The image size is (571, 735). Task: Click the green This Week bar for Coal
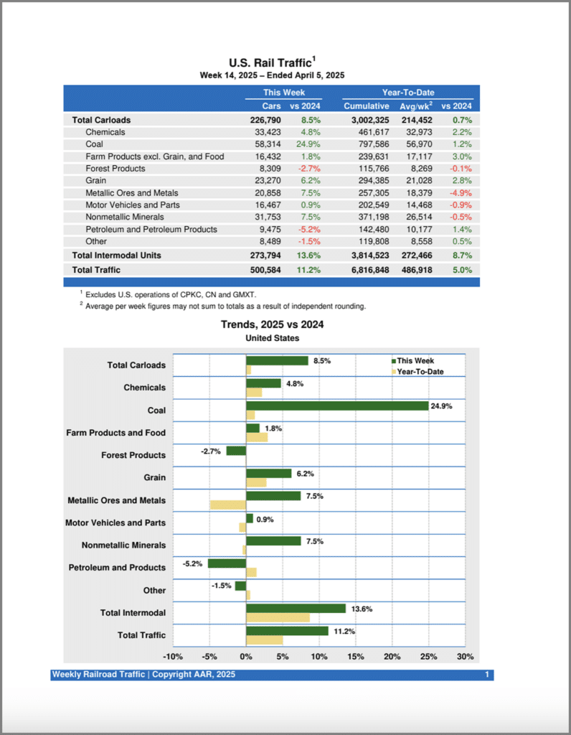[x=337, y=406]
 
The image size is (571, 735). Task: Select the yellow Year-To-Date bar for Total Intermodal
[x=278, y=617]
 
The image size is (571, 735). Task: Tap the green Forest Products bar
[x=236, y=451]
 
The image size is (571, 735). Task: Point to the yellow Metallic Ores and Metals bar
[x=228, y=505]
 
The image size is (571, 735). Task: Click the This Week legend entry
[x=415, y=361]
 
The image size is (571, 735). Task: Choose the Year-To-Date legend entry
[x=420, y=371]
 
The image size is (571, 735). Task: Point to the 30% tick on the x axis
[x=465, y=657]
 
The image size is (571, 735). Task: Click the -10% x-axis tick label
[x=173, y=657]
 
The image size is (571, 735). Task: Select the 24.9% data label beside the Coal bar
[x=441, y=406]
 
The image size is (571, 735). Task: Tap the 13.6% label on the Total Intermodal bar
[x=361, y=609]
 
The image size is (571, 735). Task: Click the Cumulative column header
[x=366, y=106]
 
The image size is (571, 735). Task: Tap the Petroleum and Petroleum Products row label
[x=151, y=230]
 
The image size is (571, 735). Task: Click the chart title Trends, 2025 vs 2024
[x=272, y=324]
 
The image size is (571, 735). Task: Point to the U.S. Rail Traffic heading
[x=272, y=62]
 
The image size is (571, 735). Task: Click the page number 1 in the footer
[x=487, y=675]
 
